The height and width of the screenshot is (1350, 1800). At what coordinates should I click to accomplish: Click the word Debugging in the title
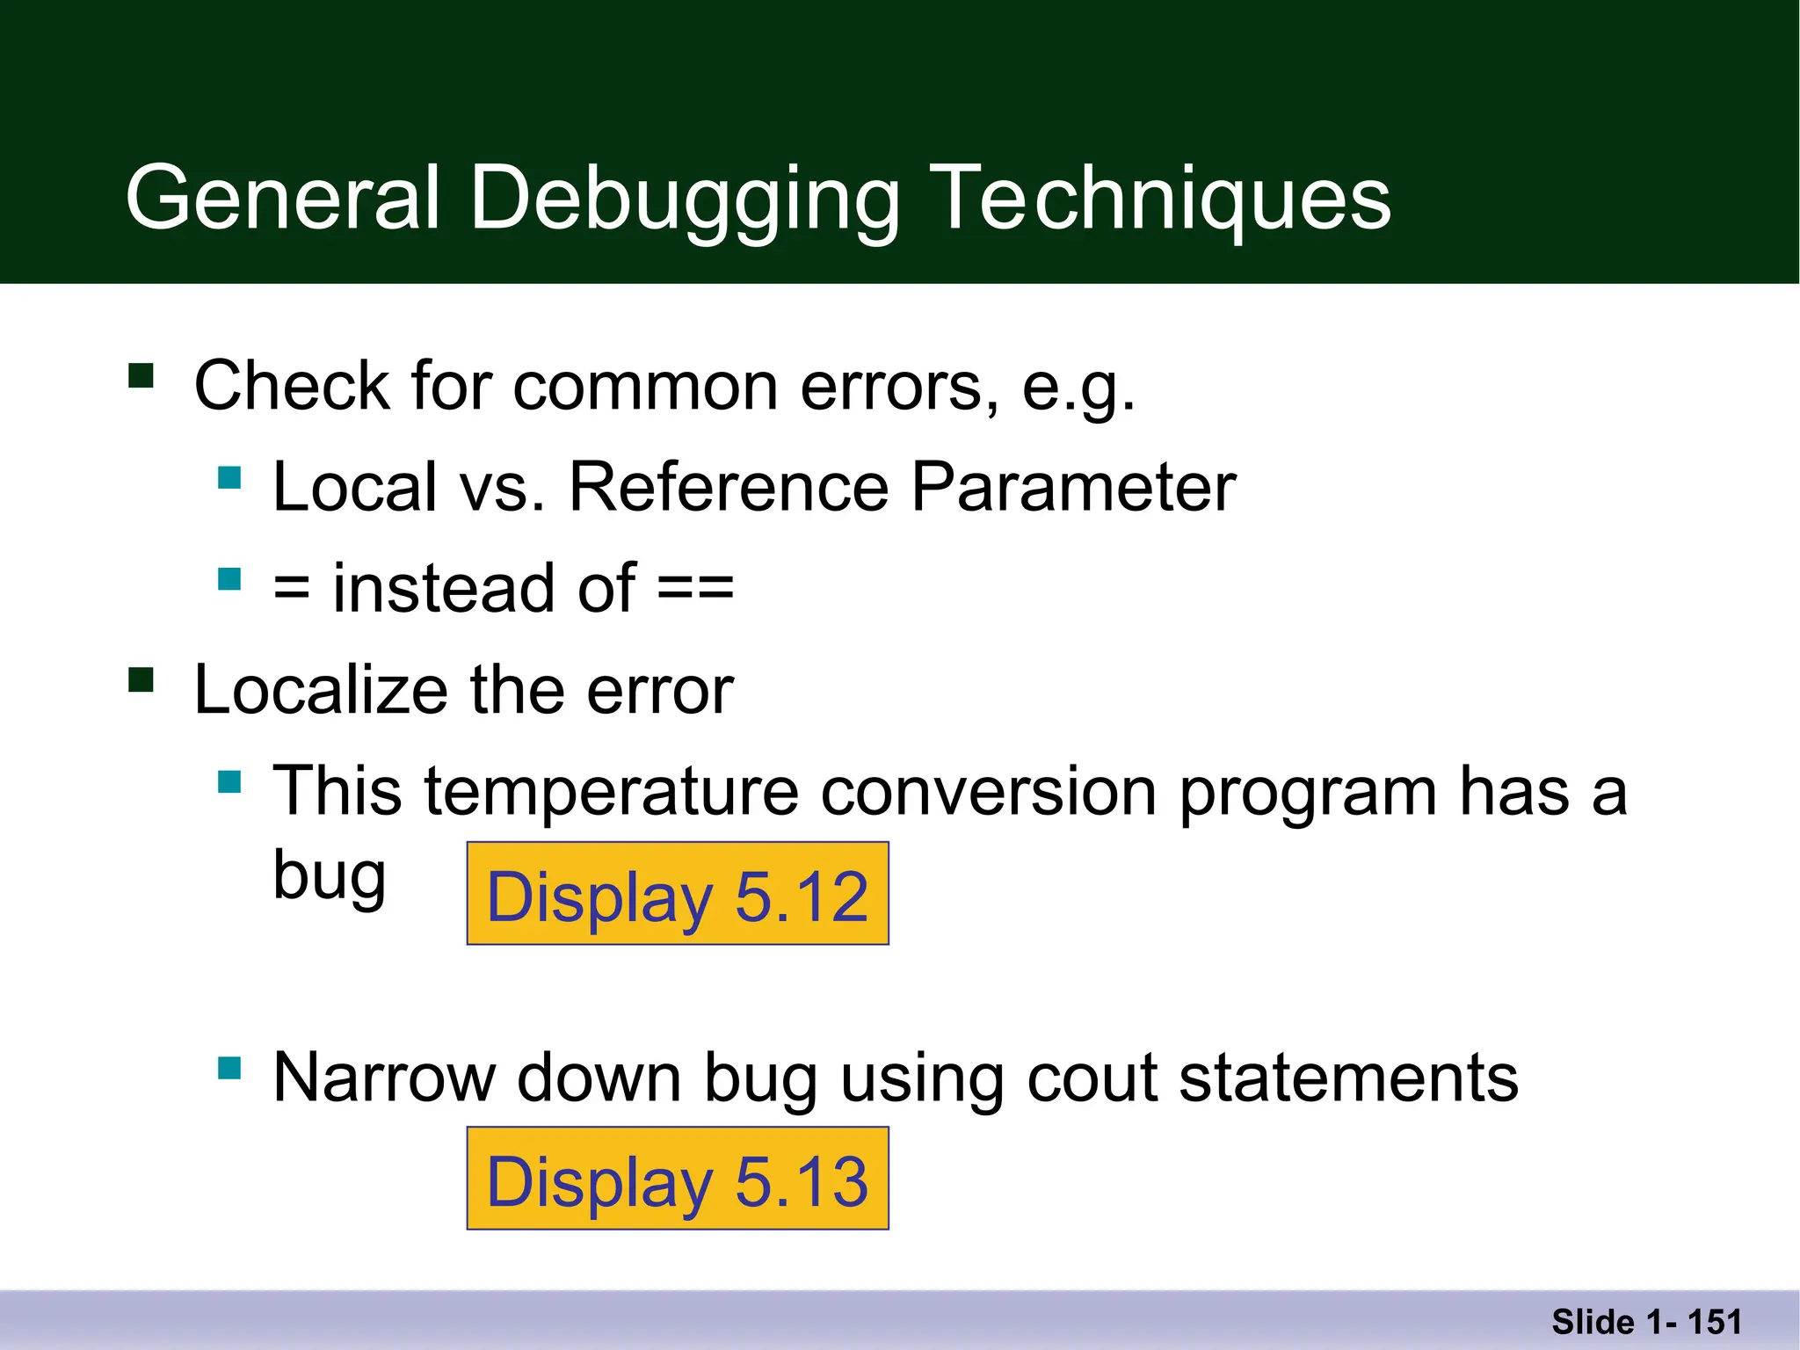684,199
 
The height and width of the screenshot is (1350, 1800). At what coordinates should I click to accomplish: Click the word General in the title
282,199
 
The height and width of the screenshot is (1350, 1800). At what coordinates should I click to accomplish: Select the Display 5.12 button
678,894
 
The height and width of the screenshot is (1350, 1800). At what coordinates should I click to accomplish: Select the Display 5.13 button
678,1179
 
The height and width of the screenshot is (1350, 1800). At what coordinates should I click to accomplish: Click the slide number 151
1714,1322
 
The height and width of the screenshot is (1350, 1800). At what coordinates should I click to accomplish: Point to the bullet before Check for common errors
141,376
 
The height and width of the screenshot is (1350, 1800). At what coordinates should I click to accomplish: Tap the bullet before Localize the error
141,680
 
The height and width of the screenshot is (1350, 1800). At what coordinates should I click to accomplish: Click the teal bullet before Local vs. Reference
229,477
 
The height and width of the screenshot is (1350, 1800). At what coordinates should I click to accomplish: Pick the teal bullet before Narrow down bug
229,1068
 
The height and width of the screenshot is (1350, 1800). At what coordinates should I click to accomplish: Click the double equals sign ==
695,588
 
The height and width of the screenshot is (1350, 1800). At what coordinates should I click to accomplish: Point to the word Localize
321,690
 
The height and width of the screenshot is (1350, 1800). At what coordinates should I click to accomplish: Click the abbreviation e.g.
1078,388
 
